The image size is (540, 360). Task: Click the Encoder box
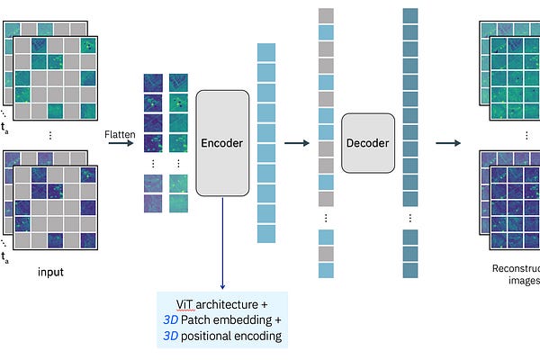(221, 143)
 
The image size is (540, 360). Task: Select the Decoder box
(368, 143)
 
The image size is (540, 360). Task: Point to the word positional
(212, 337)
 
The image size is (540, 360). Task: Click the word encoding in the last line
(261, 337)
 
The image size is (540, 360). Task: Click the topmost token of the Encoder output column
(265, 51)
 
